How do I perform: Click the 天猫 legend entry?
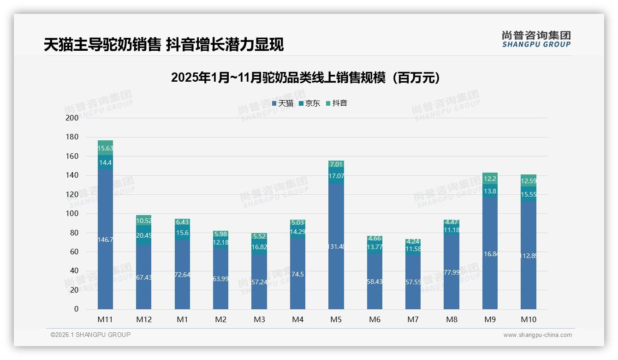click(x=283, y=103)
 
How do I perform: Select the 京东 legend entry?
click(x=309, y=103)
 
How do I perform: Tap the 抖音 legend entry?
click(x=337, y=103)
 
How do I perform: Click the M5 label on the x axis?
click(x=336, y=319)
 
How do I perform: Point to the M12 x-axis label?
click(x=143, y=319)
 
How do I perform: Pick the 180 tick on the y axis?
click(x=72, y=137)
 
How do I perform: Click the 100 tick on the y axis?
click(x=72, y=214)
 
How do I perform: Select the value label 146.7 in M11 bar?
click(x=105, y=240)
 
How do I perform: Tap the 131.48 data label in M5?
click(x=336, y=246)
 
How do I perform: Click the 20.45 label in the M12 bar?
click(x=143, y=235)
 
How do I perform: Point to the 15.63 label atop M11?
click(x=105, y=148)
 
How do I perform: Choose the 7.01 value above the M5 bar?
click(x=336, y=164)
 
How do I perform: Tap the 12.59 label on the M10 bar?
click(x=529, y=181)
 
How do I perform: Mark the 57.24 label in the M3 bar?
click(x=259, y=282)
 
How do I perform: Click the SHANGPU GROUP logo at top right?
click(x=536, y=39)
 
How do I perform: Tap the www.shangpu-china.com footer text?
click(x=537, y=335)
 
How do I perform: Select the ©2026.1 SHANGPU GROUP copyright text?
click(x=90, y=335)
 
